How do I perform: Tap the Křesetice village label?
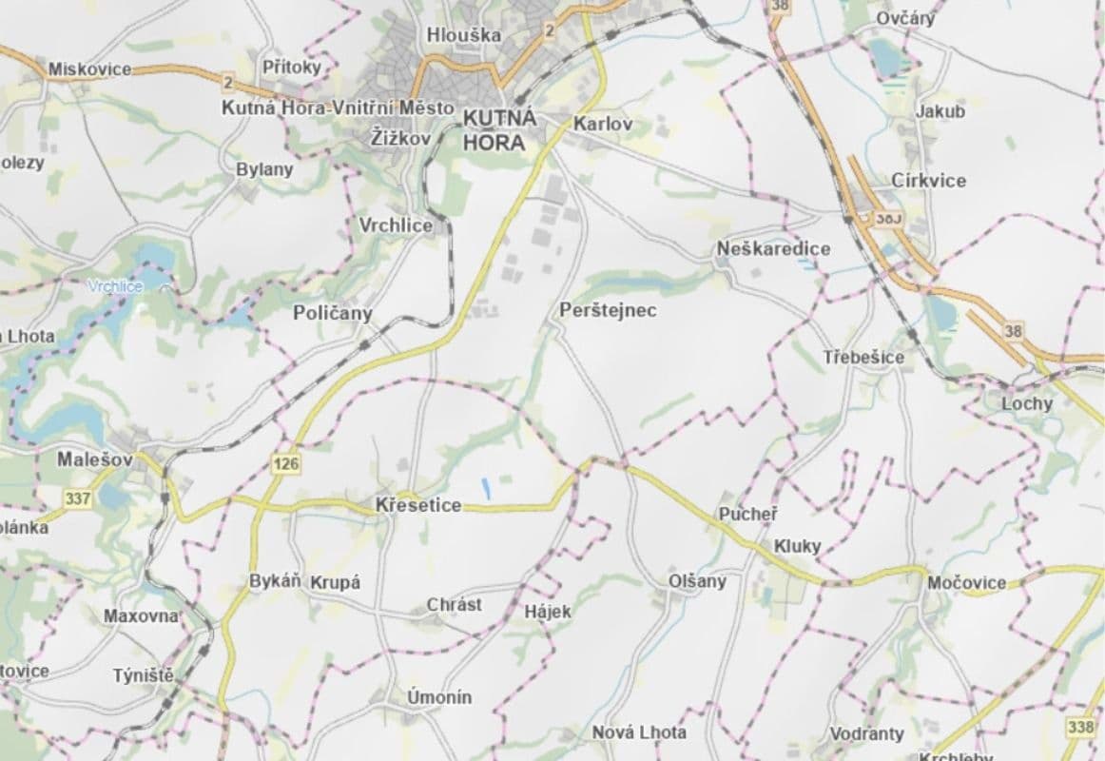coord(418,505)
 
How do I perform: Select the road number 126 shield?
coord(286,464)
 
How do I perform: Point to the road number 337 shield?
coord(78,498)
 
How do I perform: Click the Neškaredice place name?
coord(773,249)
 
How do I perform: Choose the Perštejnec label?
coord(608,310)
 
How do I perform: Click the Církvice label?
coord(928,181)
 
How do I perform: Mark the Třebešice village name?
coord(863,358)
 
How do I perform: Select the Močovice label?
coord(966,582)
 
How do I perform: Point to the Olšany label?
coord(697,581)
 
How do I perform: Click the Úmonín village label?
coord(439,697)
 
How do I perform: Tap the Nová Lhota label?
coord(639,732)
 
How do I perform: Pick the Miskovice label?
coord(89,68)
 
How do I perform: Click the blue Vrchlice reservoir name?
coord(115,285)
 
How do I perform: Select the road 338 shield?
coord(1081,728)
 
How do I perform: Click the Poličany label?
coord(333,313)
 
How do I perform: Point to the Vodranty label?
coord(866,734)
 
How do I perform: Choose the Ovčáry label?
coord(906,18)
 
